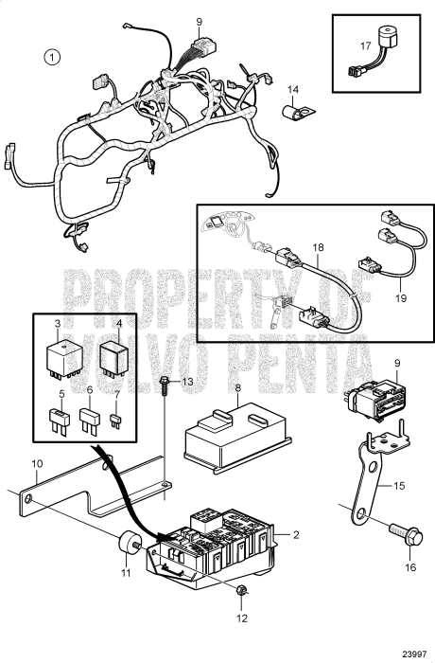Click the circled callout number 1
(52, 57)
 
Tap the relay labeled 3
(63, 360)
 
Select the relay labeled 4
(114, 355)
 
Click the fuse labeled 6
(91, 421)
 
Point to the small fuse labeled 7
(115, 422)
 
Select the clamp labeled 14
(298, 113)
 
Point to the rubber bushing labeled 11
(130, 542)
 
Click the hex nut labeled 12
(242, 590)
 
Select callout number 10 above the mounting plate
(37, 463)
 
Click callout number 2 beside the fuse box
(296, 534)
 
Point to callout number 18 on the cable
(319, 247)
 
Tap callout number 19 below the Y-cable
(401, 298)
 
